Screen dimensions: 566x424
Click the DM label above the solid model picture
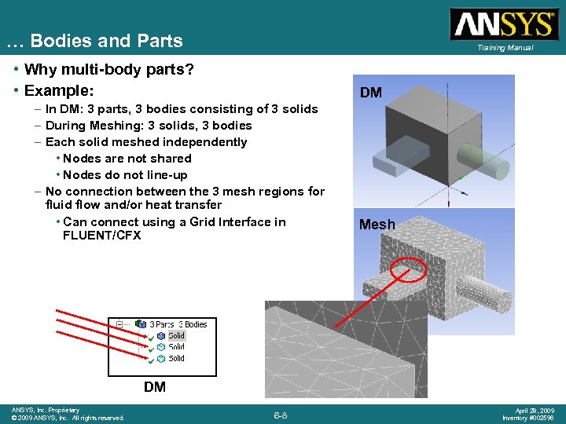(371, 93)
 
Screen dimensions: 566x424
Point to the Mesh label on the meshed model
(377, 225)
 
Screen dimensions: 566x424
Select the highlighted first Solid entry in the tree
(176, 336)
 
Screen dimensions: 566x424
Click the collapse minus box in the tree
(119, 324)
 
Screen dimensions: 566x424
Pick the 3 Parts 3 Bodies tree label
(178, 324)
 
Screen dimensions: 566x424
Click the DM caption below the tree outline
(155, 387)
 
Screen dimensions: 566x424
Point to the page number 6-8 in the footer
(280, 415)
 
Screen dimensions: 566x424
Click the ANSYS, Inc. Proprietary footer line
(45, 410)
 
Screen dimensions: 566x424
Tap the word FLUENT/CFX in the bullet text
(101, 236)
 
